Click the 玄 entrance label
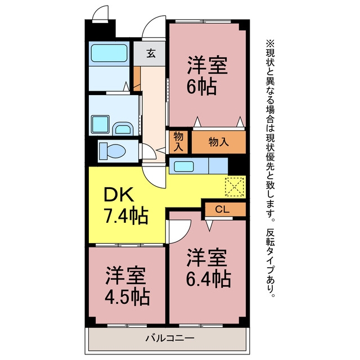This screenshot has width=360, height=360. pos(151,53)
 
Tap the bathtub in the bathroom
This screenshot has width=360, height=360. pos(109,53)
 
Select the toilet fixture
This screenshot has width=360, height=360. pos(112,151)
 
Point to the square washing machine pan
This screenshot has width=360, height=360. pos(100,124)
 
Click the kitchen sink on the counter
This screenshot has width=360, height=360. pos(184,166)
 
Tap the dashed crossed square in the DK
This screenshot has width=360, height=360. pos(235,187)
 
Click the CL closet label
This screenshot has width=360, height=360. pos(222,209)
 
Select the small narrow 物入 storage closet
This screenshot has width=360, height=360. pos(178,142)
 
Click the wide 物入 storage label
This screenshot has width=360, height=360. pos(219,142)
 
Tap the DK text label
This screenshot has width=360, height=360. pos(118,194)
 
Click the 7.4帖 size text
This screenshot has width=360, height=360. pos(126,216)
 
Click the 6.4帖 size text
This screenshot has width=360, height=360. pos(208,278)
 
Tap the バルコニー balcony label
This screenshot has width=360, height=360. pos(170,338)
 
